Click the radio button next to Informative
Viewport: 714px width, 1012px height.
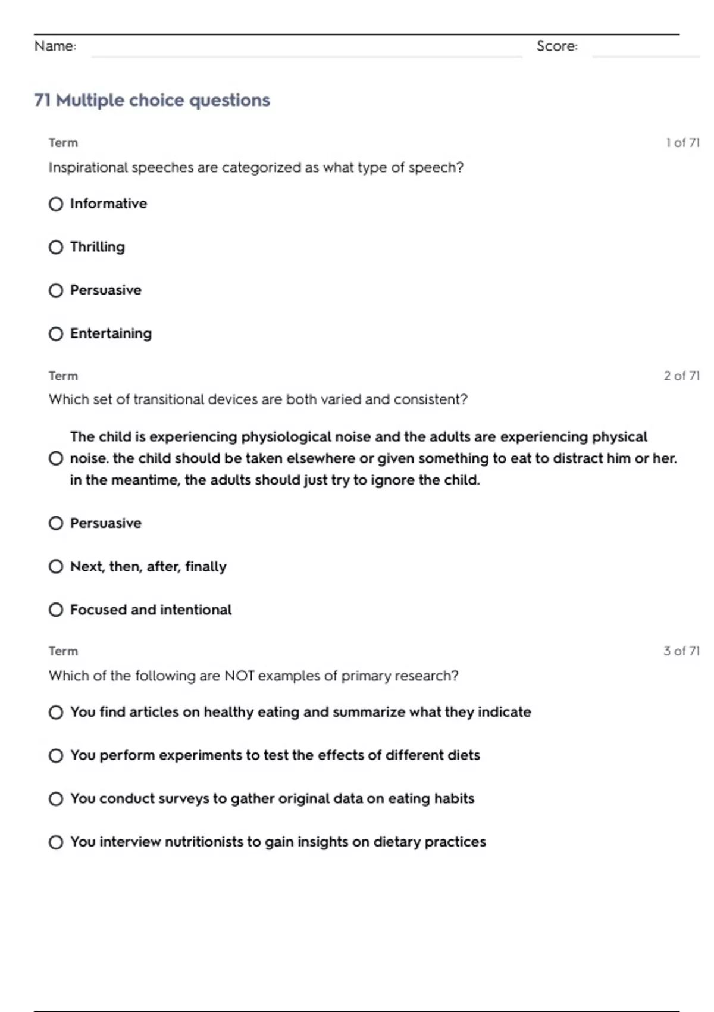coord(56,204)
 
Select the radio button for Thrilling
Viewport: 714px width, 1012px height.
coord(56,247)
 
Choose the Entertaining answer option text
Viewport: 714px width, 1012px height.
coord(111,333)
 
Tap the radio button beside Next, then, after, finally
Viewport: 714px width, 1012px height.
coord(56,566)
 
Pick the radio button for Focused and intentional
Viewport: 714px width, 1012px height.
coord(56,610)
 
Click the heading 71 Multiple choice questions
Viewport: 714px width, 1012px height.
coord(152,100)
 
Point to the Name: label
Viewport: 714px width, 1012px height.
coord(55,46)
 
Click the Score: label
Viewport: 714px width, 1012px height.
coord(557,46)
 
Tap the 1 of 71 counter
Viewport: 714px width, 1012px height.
coord(682,143)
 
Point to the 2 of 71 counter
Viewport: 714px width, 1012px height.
coord(682,376)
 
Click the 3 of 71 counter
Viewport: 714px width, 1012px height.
coord(682,651)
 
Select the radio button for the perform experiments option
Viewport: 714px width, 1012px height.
coord(56,755)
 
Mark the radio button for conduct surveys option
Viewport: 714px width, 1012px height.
coord(56,799)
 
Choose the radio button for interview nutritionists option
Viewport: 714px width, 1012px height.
coord(56,842)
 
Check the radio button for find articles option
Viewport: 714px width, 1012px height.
coord(56,713)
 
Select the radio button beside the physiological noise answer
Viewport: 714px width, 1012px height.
coord(56,458)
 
